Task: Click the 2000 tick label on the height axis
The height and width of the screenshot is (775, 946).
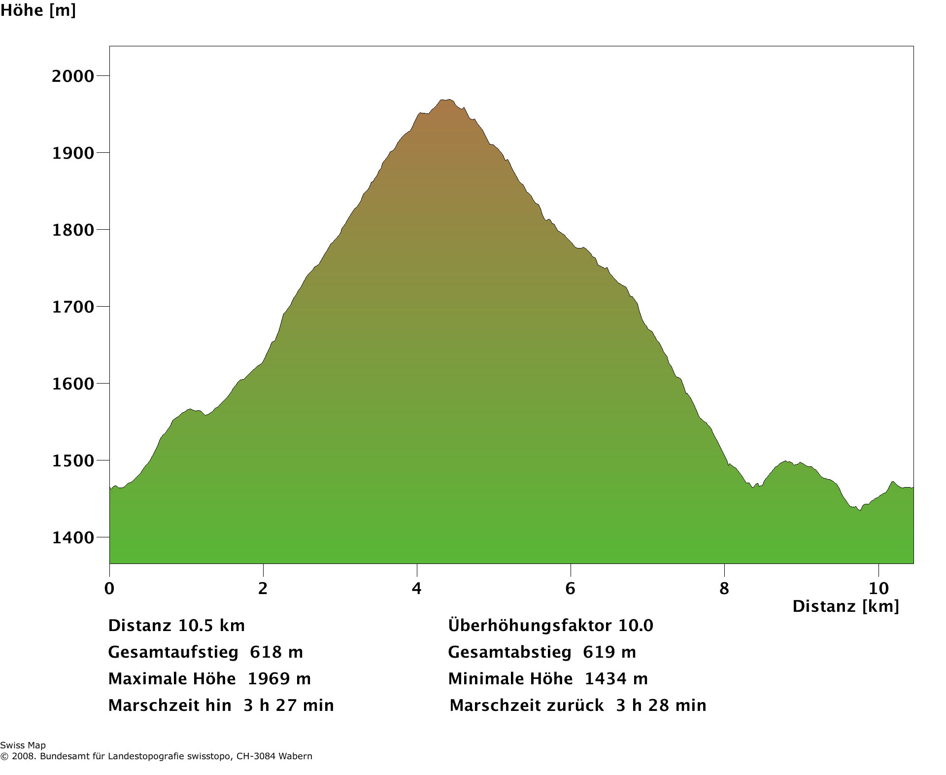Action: (72, 76)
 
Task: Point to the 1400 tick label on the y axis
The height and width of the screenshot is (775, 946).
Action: (72, 538)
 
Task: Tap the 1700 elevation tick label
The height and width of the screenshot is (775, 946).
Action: (72, 307)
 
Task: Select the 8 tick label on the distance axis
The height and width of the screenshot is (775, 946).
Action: (724, 588)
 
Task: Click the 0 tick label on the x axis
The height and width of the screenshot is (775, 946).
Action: (109, 588)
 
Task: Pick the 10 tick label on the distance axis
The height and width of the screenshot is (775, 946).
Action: (878, 588)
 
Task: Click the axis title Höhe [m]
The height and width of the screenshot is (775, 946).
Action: (38, 10)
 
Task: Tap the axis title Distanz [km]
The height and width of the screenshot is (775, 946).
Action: (845, 606)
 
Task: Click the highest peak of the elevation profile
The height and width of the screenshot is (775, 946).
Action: (447, 100)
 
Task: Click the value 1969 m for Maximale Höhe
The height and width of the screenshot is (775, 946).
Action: (279, 679)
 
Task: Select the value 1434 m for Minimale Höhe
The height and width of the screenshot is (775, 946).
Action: (616, 679)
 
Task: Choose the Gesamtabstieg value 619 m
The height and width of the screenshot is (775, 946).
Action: (609, 652)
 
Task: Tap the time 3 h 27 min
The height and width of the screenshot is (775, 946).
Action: (289, 705)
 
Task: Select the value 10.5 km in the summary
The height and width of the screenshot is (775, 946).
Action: (211, 626)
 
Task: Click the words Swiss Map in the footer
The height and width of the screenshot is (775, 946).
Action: (23, 745)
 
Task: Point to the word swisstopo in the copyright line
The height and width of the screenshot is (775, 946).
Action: (210, 756)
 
